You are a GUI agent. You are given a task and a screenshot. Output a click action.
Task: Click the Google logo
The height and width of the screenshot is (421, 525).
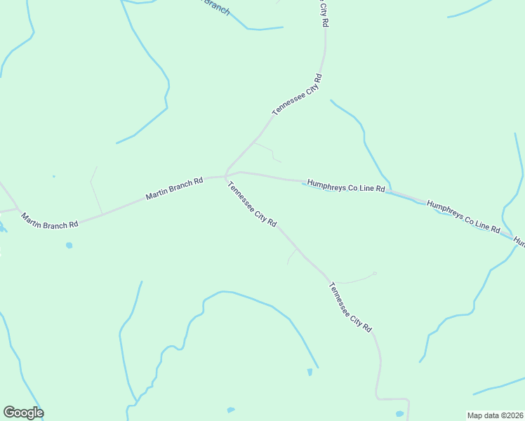24,413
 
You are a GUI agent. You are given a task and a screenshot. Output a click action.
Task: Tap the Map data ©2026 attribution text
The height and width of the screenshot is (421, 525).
495,415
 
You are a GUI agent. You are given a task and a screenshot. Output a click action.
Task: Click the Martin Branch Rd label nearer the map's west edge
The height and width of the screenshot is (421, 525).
49,221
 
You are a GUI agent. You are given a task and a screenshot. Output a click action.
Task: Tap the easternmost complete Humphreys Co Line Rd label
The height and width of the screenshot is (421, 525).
463,218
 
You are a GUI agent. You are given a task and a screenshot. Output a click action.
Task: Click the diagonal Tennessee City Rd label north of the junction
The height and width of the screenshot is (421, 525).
297,94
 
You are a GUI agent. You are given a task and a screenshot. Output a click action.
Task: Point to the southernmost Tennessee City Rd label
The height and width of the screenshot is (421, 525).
350,307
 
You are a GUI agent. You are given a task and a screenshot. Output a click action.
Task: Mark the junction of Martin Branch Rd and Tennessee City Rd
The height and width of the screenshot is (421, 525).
225,175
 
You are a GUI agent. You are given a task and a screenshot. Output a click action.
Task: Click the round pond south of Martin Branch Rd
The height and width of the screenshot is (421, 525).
69,246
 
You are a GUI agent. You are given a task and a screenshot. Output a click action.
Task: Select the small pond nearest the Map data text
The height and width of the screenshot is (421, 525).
399,414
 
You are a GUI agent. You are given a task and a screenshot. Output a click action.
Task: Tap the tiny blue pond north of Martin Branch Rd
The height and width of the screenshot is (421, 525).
53,176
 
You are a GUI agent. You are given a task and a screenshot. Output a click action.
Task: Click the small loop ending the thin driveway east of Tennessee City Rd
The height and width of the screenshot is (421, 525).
375,273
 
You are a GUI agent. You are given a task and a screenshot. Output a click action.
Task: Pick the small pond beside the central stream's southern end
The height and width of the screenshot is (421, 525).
310,371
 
